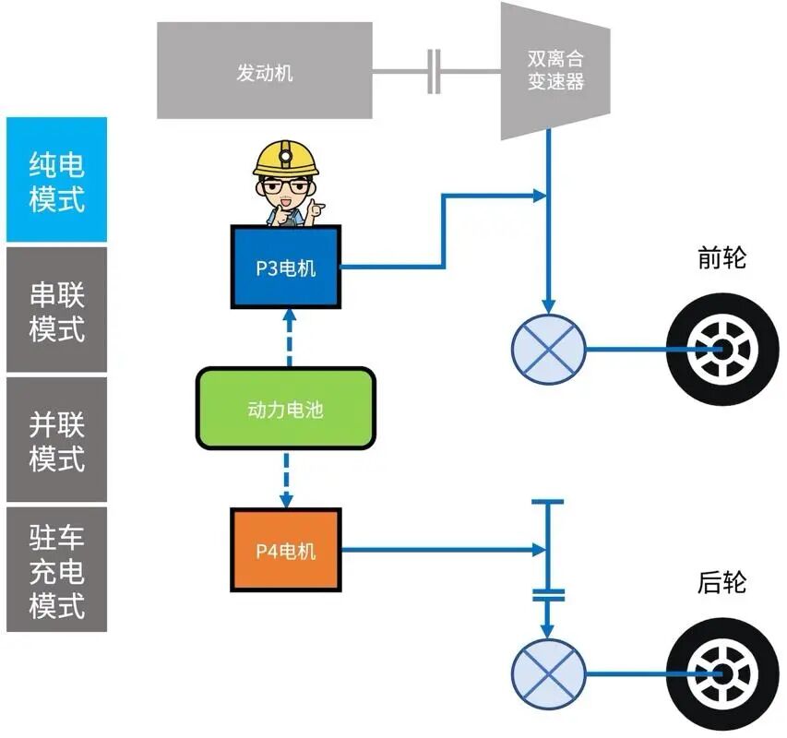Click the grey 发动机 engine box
pyautogui.click(x=264, y=72)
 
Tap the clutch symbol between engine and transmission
pyautogui.click(x=434, y=72)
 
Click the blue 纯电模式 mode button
pyautogui.click(x=56, y=181)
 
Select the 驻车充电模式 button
pyautogui.click(x=56, y=569)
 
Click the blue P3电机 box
pyautogui.click(x=285, y=268)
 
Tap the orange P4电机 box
pyautogui.click(x=285, y=551)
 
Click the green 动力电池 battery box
pyautogui.click(x=285, y=409)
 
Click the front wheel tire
pyautogui.click(x=716, y=350)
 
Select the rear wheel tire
pyautogui.click(x=716, y=674)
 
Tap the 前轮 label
pyautogui.click(x=721, y=258)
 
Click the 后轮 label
pyautogui.click(x=721, y=584)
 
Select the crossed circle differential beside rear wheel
pyautogui.click(x=548, y=674)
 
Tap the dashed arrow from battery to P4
pyautogui.click(x=287, y=478)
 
